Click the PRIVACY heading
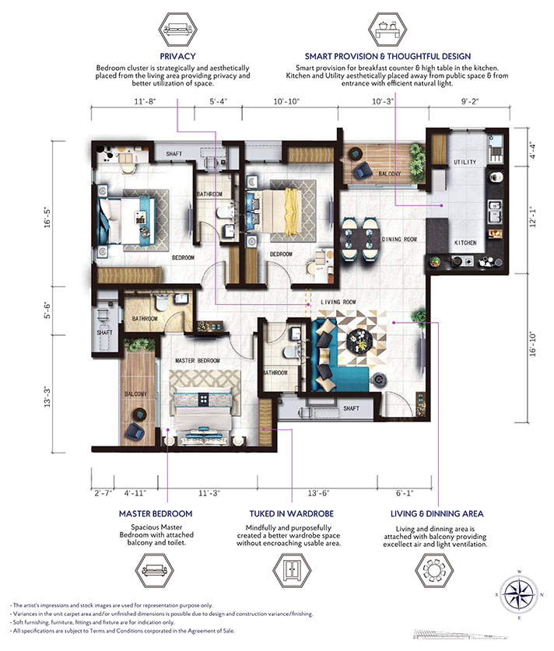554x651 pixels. click(177, 56)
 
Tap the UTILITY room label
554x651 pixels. click(465, 162)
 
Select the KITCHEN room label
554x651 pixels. click(465, 243)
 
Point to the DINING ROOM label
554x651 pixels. click(398, 239)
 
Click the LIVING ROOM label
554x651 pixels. click(338, 302)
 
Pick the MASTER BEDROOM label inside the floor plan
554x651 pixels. click(198, 360)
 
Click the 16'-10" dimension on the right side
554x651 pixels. click(533, 345)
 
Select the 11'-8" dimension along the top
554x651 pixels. click(145, 101)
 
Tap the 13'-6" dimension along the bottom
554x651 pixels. click(318, 493)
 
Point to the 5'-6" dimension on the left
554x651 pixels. click(47, 310)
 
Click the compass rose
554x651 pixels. click(519, 594)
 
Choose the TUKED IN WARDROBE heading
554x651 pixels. click(292, 513)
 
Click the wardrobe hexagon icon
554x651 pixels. click(292, 570)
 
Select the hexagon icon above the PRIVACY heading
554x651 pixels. click(177, 30)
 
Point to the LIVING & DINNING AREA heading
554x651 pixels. click(437, 513)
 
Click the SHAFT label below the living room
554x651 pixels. click(352, 408)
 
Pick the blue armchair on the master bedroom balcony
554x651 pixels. click(135, 432)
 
